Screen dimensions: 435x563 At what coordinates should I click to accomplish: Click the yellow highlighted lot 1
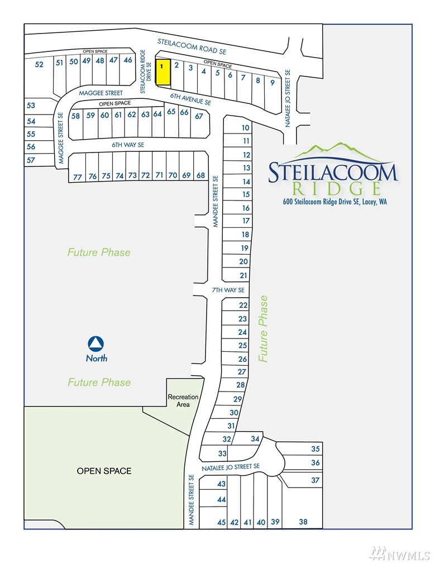click(162, 72)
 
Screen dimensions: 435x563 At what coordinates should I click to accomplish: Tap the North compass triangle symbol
click(96, 344)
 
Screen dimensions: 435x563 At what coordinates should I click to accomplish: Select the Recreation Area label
click(183, 400)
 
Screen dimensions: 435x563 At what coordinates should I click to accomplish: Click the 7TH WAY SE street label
click(228, 290)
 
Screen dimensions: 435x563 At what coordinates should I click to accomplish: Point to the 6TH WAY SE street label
click(128, 145)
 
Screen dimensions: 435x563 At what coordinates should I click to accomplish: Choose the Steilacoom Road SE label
click(192, 47)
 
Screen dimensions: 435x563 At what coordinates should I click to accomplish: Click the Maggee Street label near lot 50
click(101, 93)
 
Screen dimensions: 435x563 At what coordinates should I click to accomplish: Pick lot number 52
click(39, 64)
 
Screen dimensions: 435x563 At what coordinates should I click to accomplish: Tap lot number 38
click(303, 522)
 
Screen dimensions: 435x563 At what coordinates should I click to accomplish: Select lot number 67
click(199, 116)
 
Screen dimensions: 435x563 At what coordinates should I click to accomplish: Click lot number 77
click(78, 177)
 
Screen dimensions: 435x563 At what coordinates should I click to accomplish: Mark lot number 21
click(243, 275)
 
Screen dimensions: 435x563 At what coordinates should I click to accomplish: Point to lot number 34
click(255, 438)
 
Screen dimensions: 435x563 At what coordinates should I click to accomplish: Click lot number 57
click(31, 160)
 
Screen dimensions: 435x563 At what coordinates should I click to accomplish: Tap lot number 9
click(273, 83)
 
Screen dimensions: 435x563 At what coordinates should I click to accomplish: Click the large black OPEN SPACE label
click(104, 471)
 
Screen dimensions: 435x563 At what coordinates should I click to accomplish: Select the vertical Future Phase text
click(263, 328)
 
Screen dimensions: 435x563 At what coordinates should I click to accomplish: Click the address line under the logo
click(335, 202)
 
